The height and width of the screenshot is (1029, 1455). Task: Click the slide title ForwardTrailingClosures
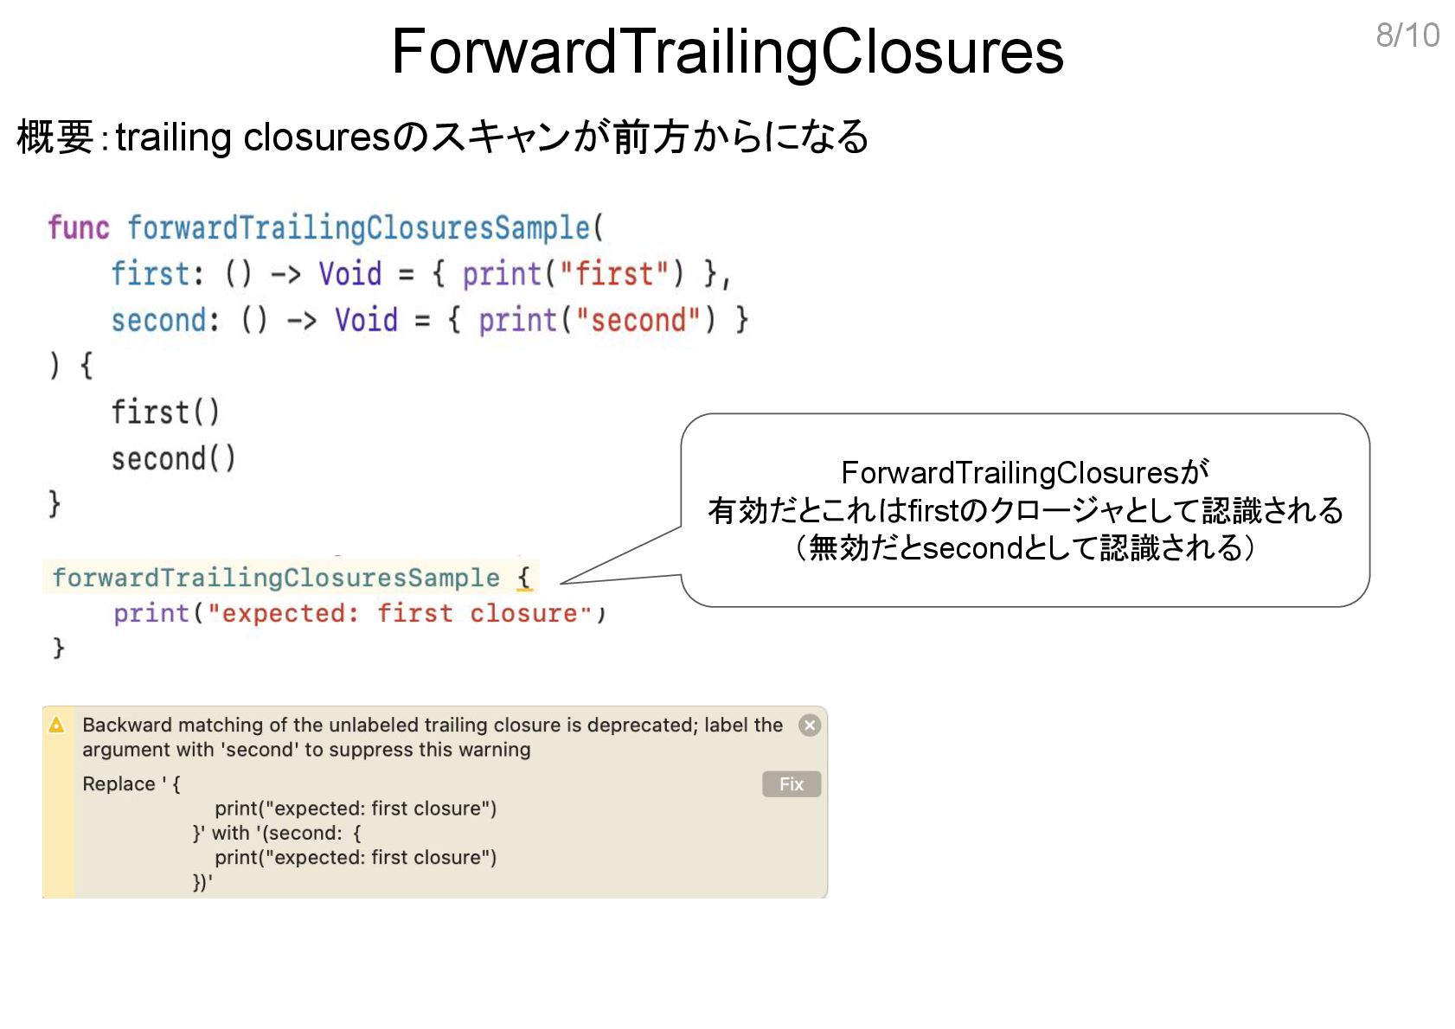tap(727, 52)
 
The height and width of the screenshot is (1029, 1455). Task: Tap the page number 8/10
tap(1407, 35)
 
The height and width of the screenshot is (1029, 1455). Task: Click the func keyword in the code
tap(78, 227)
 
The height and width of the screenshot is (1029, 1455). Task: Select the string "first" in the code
tap(614, 274)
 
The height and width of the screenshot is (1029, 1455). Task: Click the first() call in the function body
tap(164, 412)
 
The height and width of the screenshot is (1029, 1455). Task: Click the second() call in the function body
tap(172, 459)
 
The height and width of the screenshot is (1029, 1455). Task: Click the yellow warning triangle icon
tap(57, 725)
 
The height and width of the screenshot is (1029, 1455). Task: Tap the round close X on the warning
tap(810, 725)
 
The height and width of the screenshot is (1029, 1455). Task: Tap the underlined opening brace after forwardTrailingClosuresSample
tap(524, 577)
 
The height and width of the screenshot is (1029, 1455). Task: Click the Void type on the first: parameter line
tap(350, 274)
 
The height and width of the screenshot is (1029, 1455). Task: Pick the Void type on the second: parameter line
tap(367, 321)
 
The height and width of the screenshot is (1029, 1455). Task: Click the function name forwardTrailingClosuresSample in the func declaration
tap(359, 227)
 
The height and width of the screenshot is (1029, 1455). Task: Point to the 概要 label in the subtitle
tap(54, 137)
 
